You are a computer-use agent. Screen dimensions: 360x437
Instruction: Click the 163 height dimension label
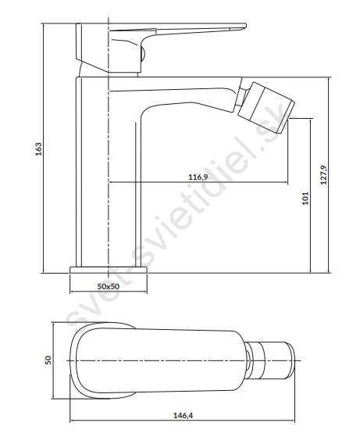tap(39, 149)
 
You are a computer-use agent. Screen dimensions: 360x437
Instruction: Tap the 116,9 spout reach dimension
tap(198, 177)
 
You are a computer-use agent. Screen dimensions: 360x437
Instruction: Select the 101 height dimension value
tap(305, 198)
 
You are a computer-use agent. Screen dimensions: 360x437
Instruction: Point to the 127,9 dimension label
tap(324, 175)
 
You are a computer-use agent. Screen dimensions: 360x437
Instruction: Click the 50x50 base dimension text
tap(109, 286)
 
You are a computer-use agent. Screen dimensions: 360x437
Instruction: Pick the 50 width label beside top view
tap(48, 360)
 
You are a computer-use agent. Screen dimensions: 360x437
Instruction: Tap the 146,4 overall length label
tap(184, 416)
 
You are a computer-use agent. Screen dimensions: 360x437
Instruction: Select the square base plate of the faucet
tap(109, 270)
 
